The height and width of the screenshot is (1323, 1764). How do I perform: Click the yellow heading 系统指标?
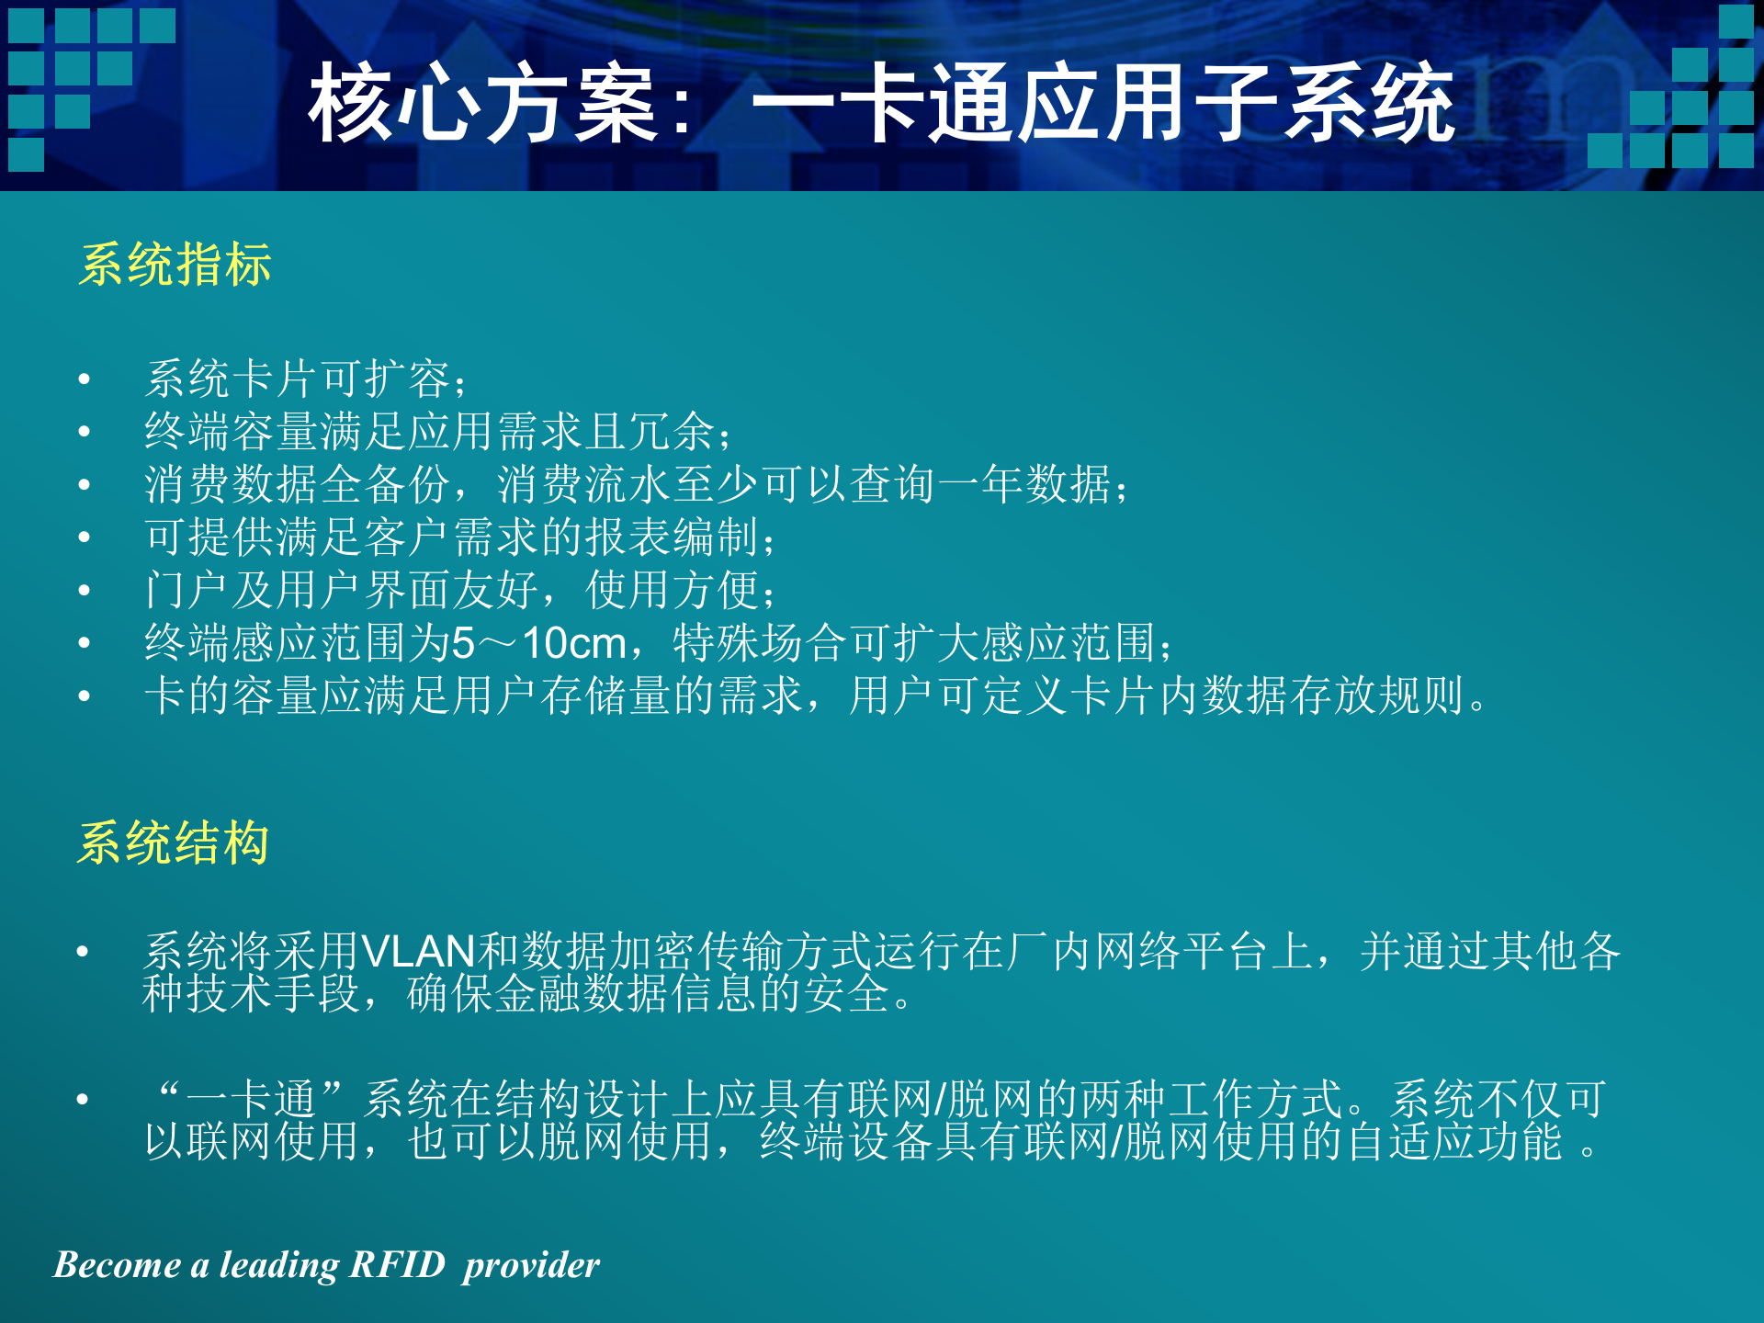(x=175, y=266)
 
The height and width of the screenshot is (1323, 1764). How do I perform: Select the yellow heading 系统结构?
(x=173, y=842)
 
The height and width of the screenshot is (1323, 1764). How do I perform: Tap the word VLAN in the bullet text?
(x=418, y=951)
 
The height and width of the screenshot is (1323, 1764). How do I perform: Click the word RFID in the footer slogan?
(x=398, y=1264)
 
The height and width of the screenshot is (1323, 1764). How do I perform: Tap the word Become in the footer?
(x=117, y=1264)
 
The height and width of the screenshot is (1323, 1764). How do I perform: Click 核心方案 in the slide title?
(x=482, y=103)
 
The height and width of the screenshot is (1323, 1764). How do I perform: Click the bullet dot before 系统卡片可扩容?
(x=85, y=379)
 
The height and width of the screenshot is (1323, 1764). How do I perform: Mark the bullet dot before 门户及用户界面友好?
(x=85, y=590)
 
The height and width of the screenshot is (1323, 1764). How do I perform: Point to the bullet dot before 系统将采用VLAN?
(x=83, y=951)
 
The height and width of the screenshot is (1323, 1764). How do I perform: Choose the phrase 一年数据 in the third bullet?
(x=1023, y=484)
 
